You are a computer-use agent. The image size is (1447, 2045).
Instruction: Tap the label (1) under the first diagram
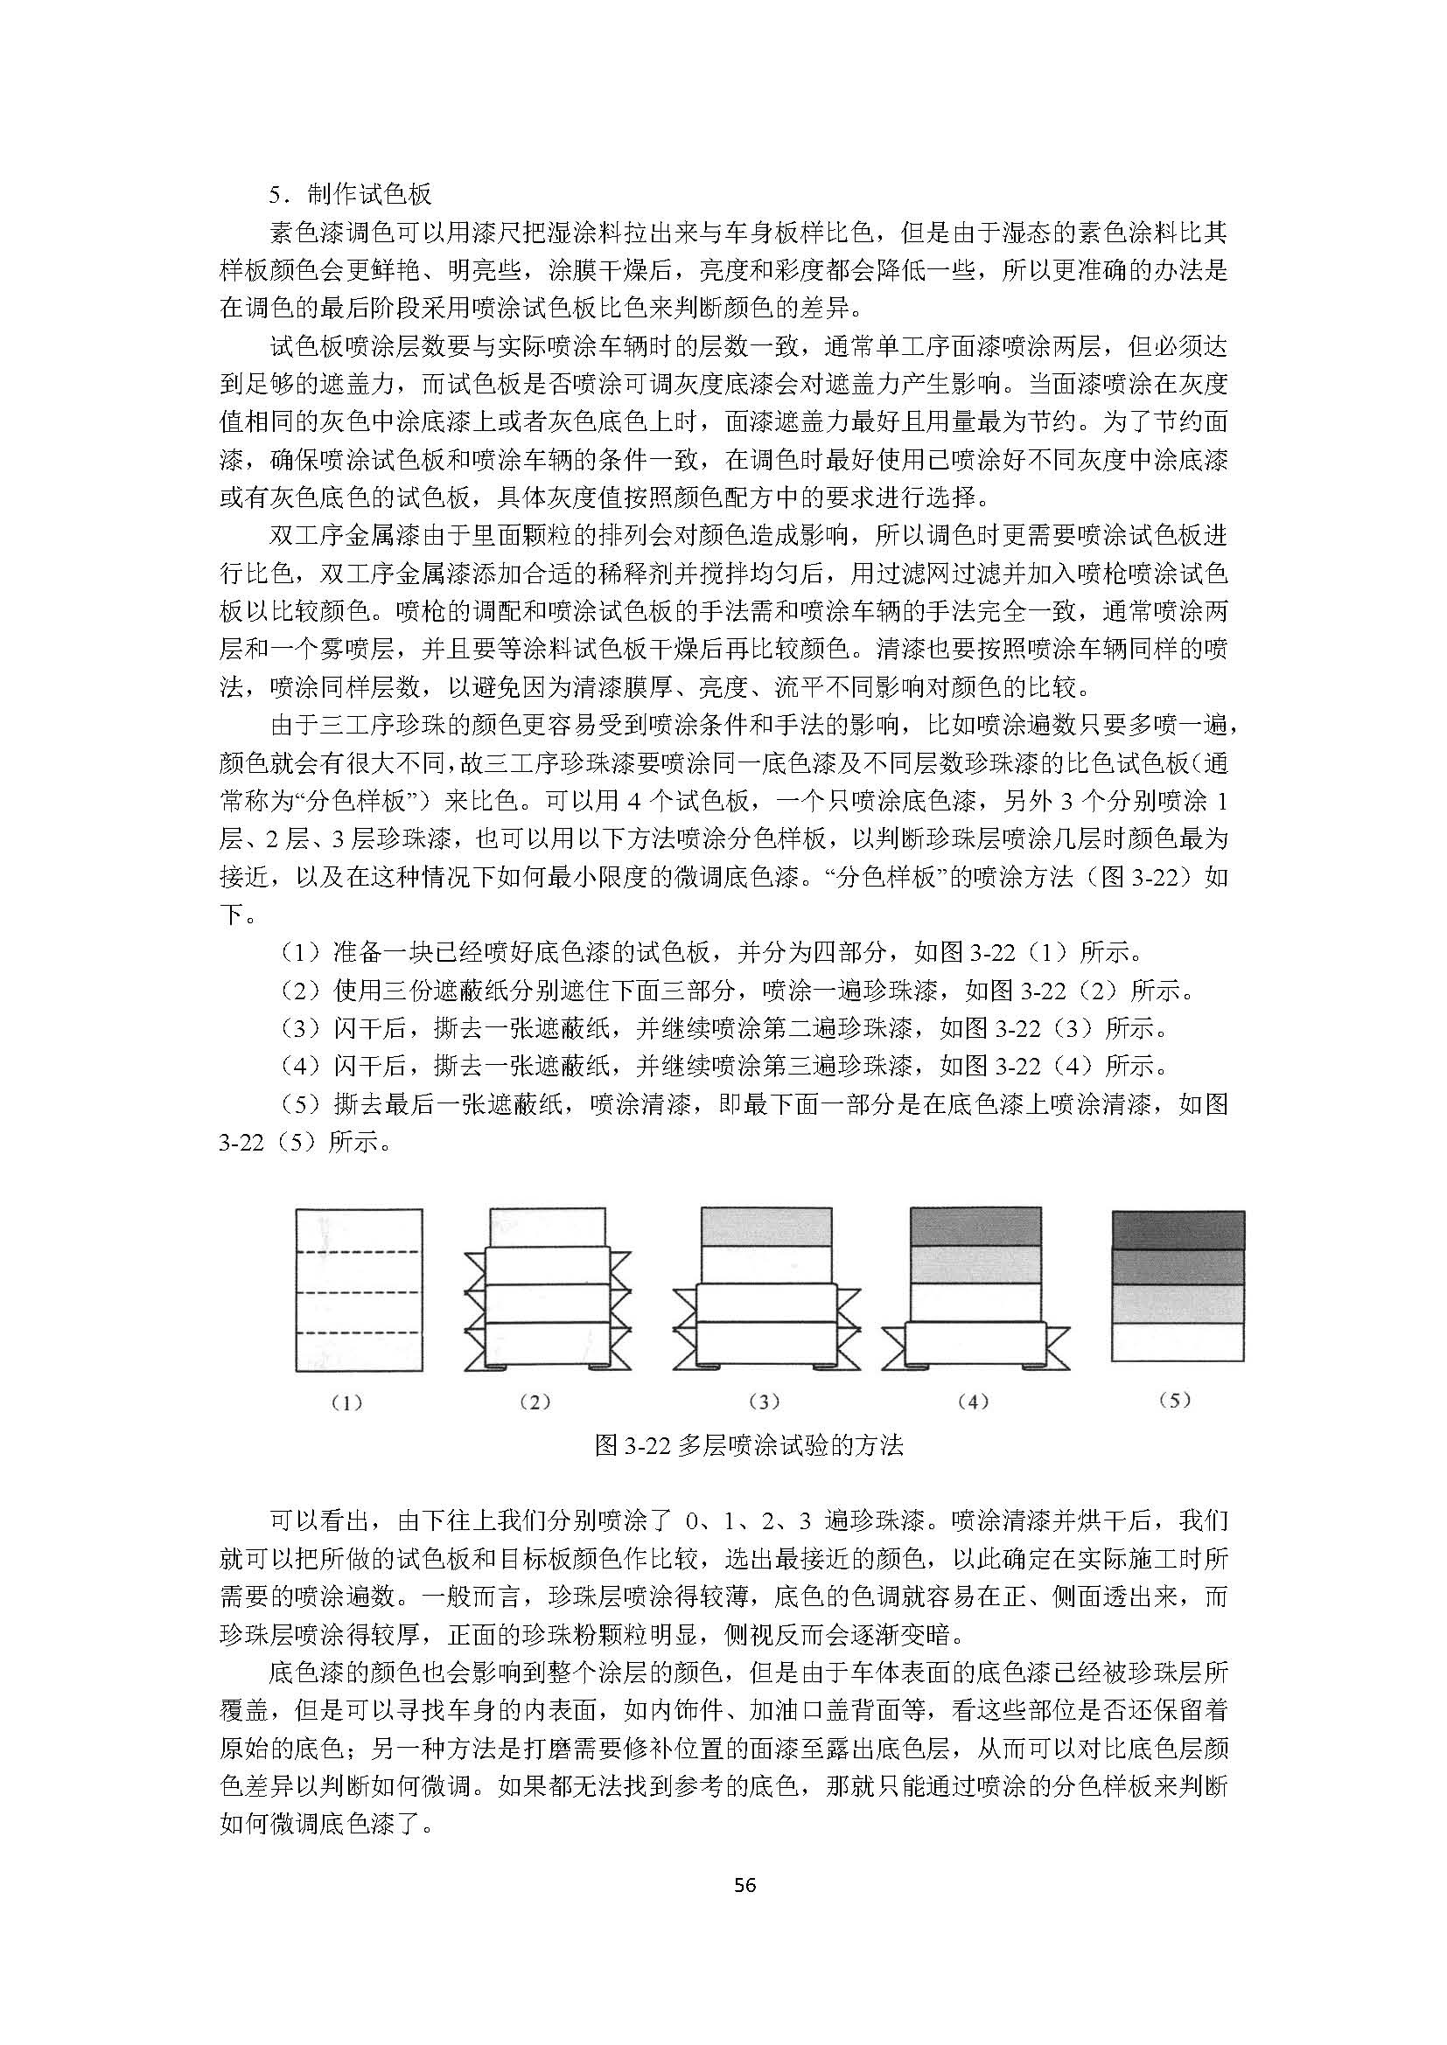click(x=346, y=1402)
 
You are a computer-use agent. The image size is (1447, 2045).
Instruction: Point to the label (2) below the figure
click(x=535, y=1402)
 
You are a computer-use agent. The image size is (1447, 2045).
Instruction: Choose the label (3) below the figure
click(x=765, y=1402)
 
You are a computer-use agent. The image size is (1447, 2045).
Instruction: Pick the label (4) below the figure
click(x=974, y=1402)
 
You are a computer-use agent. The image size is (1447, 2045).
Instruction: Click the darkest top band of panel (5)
click(x=1178, y=1230)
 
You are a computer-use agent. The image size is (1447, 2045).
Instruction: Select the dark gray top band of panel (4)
click(x=975, y=1226)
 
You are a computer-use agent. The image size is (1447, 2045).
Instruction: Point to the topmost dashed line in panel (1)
click(x=358, y=1252)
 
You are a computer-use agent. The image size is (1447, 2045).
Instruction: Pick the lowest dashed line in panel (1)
click(x=358, y=1332)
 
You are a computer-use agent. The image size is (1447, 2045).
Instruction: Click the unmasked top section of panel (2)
click(x=547, y=1228)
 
